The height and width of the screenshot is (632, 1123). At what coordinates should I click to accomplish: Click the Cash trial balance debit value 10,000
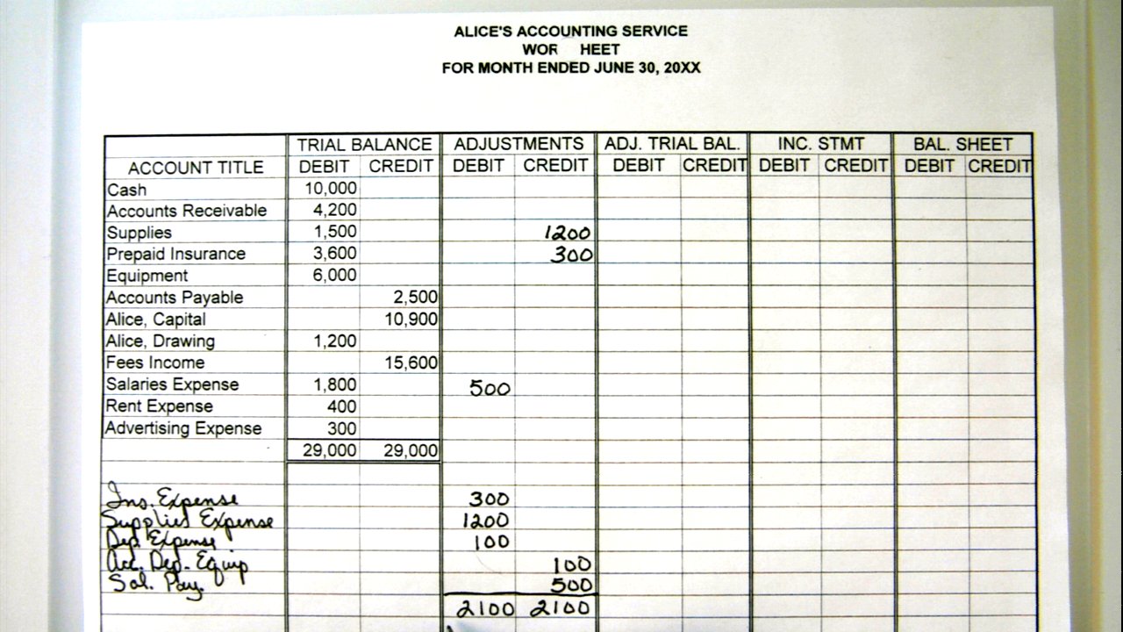[x=331, y=189]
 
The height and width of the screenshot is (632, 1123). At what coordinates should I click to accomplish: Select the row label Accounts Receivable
[x=186, y=211]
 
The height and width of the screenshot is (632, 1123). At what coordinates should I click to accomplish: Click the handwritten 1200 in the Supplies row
[x=567, y=233]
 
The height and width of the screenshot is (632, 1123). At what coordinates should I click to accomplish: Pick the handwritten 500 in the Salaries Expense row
[x=490, y=388]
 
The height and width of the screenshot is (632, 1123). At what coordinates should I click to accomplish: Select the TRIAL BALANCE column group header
[x=364, y=145]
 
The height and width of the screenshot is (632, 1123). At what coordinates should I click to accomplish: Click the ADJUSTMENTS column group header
[x=519, y=144]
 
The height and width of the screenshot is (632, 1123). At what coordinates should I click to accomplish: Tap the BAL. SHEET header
[x=962, y=144]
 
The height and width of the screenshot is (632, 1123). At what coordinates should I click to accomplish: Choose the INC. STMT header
[x=820, y=144]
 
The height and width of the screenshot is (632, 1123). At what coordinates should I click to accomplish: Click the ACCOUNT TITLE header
[x=196, y=168]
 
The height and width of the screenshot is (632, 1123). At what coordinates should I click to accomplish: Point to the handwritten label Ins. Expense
[x=161, y=499]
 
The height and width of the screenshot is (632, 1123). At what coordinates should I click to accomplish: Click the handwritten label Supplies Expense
[x=189, y=520]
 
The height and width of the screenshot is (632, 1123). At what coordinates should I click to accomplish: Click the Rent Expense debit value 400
[x=342, y=406]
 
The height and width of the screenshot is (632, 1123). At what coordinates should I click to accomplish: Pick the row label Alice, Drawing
[x=161, y=341]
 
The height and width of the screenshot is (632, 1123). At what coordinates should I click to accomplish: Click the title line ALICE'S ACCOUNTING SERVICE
[x=570, y=32]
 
